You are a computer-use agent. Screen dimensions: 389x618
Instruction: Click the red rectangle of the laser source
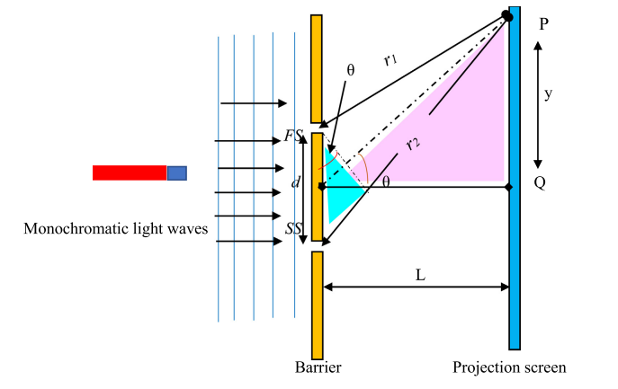point(130,172)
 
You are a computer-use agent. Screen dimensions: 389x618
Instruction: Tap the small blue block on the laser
point(177,172)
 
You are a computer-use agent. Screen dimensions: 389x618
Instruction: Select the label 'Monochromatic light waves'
point(116,230)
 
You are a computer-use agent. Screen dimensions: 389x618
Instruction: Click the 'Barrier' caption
point(318,367)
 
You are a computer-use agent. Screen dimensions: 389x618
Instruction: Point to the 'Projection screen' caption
point(509,367)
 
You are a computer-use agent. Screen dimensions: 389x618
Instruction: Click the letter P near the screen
point(543,26)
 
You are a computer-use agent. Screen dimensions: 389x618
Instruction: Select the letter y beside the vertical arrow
point(547,93)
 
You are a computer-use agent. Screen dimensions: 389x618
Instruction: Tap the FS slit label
point(292,136)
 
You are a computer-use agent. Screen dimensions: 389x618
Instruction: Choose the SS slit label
point(293,229)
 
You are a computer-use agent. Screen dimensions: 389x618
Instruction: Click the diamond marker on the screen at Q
point(508,186)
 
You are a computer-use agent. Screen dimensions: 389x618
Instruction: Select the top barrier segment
point(317,68)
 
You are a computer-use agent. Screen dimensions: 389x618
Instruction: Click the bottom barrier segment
point(318,305)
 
